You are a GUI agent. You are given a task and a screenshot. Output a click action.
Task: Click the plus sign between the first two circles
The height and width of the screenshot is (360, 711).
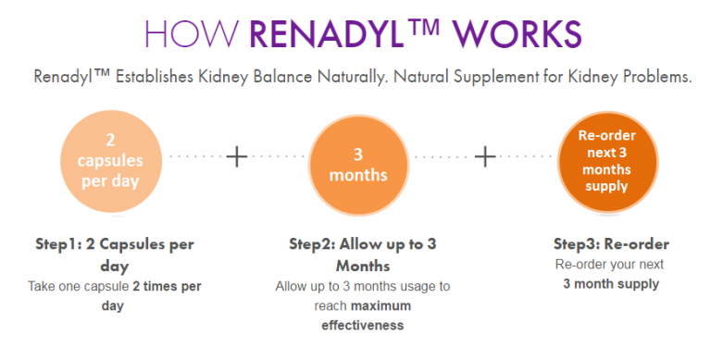pos(237,157)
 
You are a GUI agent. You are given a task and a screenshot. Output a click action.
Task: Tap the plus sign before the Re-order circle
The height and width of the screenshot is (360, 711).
pos(485,157)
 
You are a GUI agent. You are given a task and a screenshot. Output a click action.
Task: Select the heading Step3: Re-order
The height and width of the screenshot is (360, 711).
pos(610,245)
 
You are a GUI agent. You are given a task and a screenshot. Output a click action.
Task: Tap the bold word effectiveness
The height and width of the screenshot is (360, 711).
pos(362,325)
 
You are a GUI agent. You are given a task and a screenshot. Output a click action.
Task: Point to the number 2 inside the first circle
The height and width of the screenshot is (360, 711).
pos(108,139)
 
